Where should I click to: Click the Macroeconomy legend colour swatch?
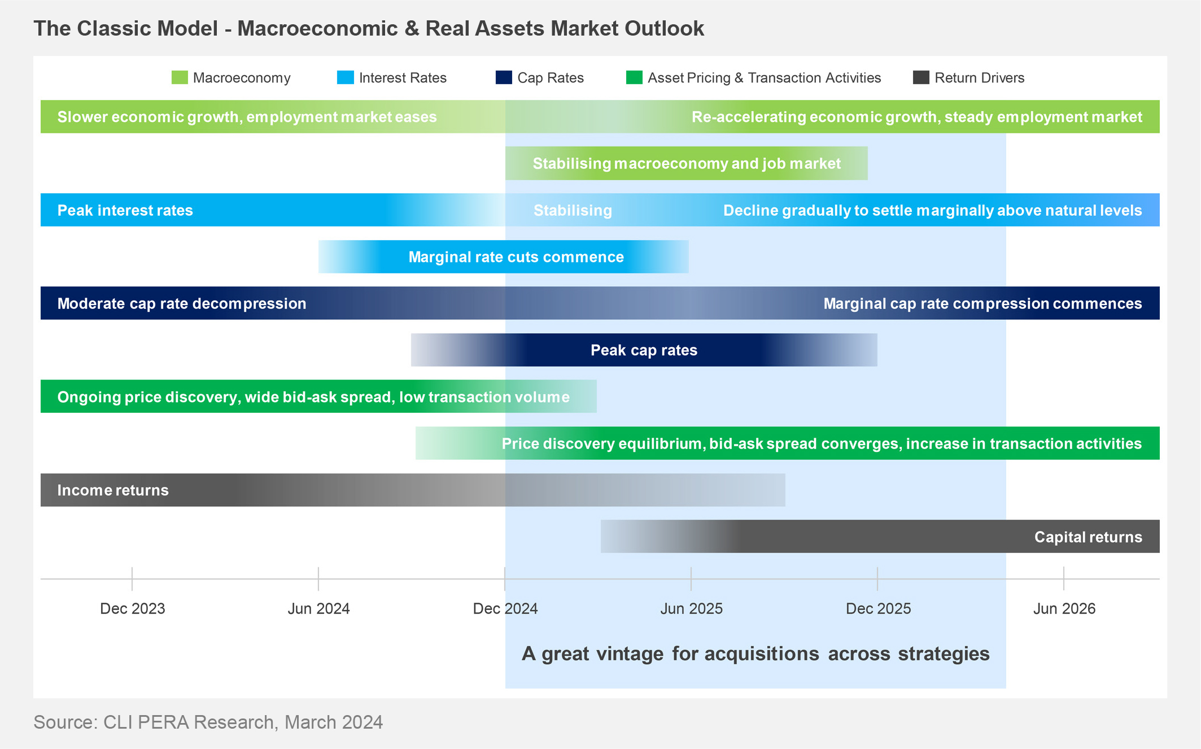tap(180, 77)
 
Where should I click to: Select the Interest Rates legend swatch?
tap(346, 77)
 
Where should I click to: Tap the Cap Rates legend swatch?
tap(504, 77)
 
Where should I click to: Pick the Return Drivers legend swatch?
tap(921, 77)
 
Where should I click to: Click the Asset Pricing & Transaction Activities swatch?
tap(634, 77)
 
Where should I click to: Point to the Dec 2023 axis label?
tap(133, 608)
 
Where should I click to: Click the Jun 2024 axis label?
tap(319, 608)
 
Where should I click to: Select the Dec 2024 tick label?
tap(505, 608)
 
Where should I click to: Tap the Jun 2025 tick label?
tap(692, 608)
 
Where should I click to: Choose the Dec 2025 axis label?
tap(878, 608)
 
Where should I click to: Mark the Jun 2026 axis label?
tap(1064, 608)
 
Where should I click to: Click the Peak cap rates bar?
tap(644, 350)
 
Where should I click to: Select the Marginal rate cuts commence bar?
tap(504, 257)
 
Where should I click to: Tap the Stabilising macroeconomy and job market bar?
tap(687, 164)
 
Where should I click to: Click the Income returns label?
tap(113, 490)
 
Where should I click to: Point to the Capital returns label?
tap(1088, 537)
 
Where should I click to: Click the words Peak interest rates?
tap(125, 211)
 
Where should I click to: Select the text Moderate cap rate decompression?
tap(182, 304)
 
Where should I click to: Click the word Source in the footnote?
tap(64, 722)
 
